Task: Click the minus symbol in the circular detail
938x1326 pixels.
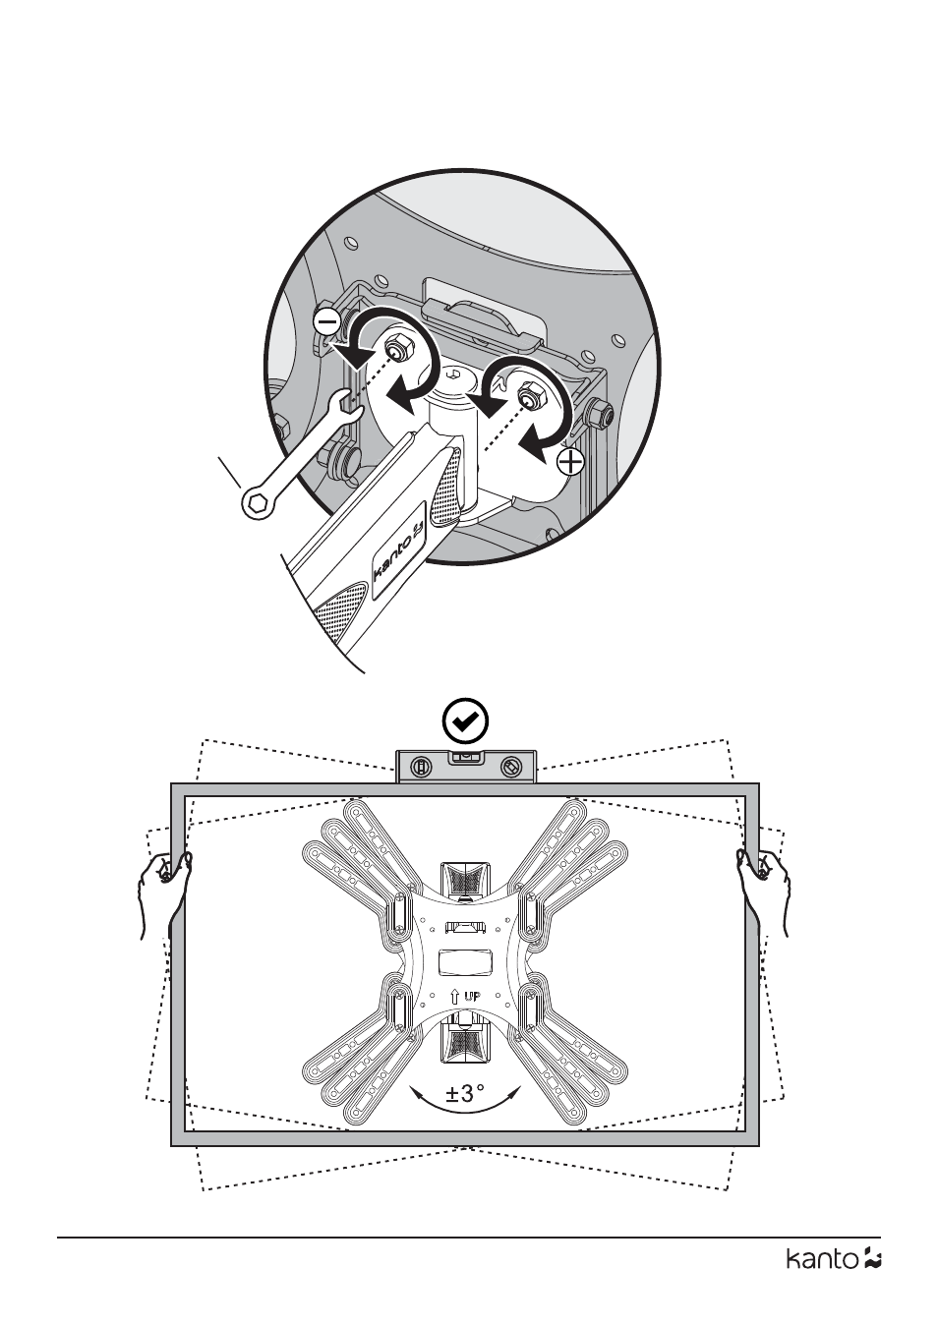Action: [326, 322]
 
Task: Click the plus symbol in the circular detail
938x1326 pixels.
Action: [570, 461]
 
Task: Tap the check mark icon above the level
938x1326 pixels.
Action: [465, 721]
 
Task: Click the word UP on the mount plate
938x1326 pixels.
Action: [474, 997]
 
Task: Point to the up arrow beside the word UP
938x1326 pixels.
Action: [455, 997]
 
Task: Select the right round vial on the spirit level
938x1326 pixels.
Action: [509, 767]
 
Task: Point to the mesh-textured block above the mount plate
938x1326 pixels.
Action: [465, 879]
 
